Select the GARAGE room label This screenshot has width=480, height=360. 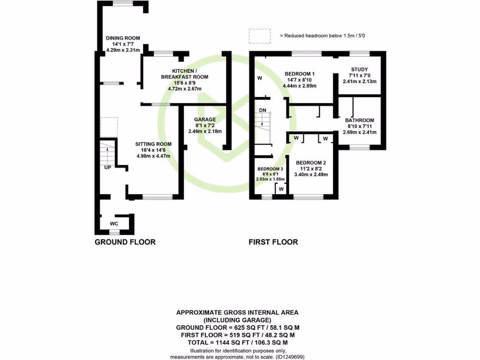(205, 120)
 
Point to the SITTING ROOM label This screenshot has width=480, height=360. (153, 144)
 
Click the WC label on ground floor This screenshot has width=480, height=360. (114, 224)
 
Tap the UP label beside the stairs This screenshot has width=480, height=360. (107, 167)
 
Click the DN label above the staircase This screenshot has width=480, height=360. (262, 110)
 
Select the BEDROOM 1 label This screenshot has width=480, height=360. (300, 74)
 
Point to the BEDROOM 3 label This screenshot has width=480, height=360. (270, 169)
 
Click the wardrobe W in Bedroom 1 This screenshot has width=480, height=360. (259, 78)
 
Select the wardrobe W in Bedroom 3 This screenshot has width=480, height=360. (281, 189)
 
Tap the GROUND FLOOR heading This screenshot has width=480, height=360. (125, 242)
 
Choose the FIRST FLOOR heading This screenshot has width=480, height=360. (273, 242)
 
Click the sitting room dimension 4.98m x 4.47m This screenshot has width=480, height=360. (153, 156)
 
